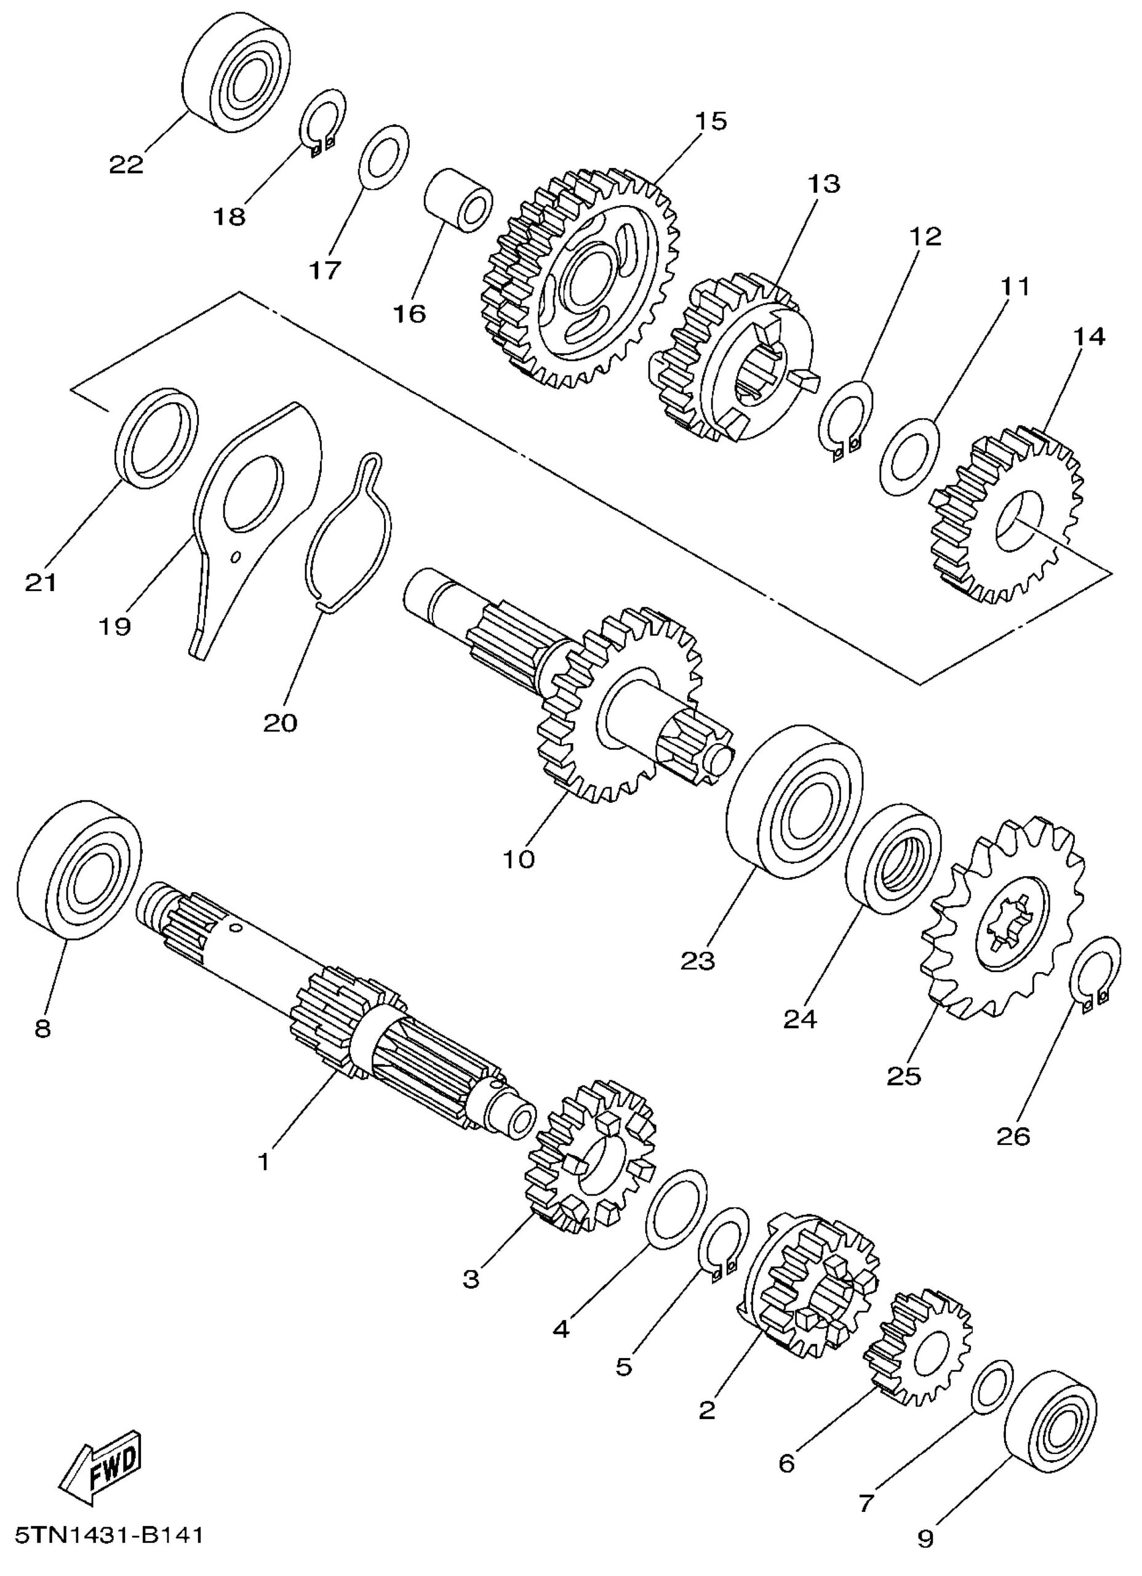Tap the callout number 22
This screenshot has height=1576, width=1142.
(x=126, y=165)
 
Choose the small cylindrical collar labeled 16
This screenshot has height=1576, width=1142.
(x=458, y=201)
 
